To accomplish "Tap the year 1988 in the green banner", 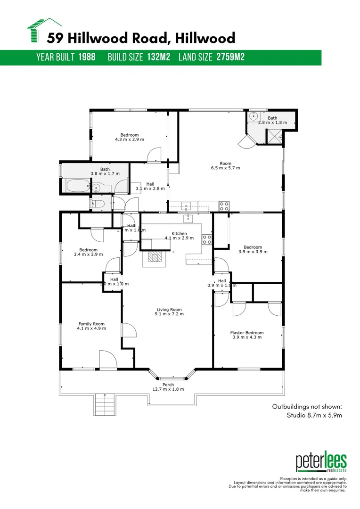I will click(x=87, y=57).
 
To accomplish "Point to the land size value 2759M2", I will click(x=230, y=57).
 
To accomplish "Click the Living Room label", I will click(x=169, y=310).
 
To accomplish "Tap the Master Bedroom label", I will click(x=247, y=333).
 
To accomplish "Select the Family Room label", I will click(x=91, y=324).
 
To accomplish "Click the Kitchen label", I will click(x=179, y=233).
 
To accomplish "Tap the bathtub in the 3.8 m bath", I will click(x=76, y=186).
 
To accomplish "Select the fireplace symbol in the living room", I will click(x=154, y=257).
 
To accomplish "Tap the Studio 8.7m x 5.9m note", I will click(x=314, y=415).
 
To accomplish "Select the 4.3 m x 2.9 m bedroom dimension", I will click(x=130, y=140).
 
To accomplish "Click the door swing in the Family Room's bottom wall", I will click(x=107, y=360).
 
